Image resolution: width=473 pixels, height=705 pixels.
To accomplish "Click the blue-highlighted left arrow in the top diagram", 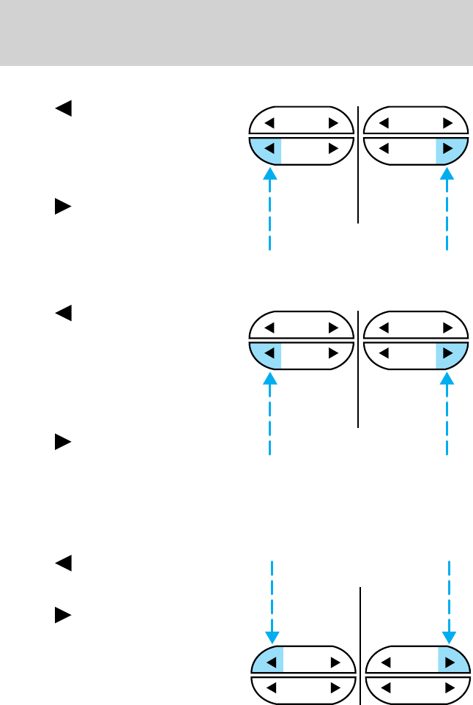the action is [x=269, y=149].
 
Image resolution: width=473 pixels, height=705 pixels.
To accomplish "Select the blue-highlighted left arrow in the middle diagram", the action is [x=269, y=354].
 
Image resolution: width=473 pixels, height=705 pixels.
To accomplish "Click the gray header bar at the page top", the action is [x=236, y=32].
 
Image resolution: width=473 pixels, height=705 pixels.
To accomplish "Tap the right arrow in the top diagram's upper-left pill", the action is [x=333, y=122].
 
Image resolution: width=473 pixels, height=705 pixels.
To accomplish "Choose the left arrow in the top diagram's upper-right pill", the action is [x=384, y=122].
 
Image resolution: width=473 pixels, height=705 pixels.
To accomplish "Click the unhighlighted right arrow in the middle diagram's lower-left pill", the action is [x=333, y=354].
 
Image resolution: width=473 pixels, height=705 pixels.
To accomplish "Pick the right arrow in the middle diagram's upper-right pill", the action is [x=447, y=328].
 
